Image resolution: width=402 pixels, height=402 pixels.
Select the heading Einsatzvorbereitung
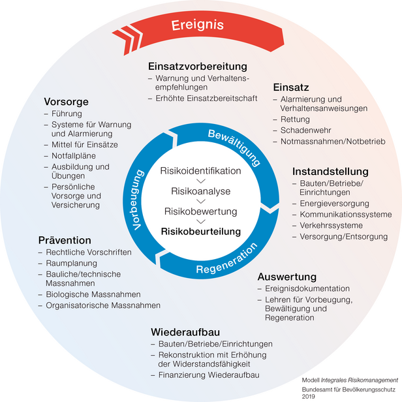[198, 67]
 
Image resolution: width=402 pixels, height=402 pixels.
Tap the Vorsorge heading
[66, 102]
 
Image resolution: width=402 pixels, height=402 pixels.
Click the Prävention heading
[63, 240]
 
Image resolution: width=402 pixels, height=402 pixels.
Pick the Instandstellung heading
[330, 172]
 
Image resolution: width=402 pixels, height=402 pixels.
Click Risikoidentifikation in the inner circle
[200, 171]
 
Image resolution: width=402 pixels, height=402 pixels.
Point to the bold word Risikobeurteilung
[201, 232]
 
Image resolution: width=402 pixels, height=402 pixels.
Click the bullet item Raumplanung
[72, 264]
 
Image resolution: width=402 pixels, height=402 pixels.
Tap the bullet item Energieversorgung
[334, 204]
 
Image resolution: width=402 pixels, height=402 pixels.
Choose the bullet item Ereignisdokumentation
[307, 288]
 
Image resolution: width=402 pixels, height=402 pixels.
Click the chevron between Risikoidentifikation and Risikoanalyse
[201, 181]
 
